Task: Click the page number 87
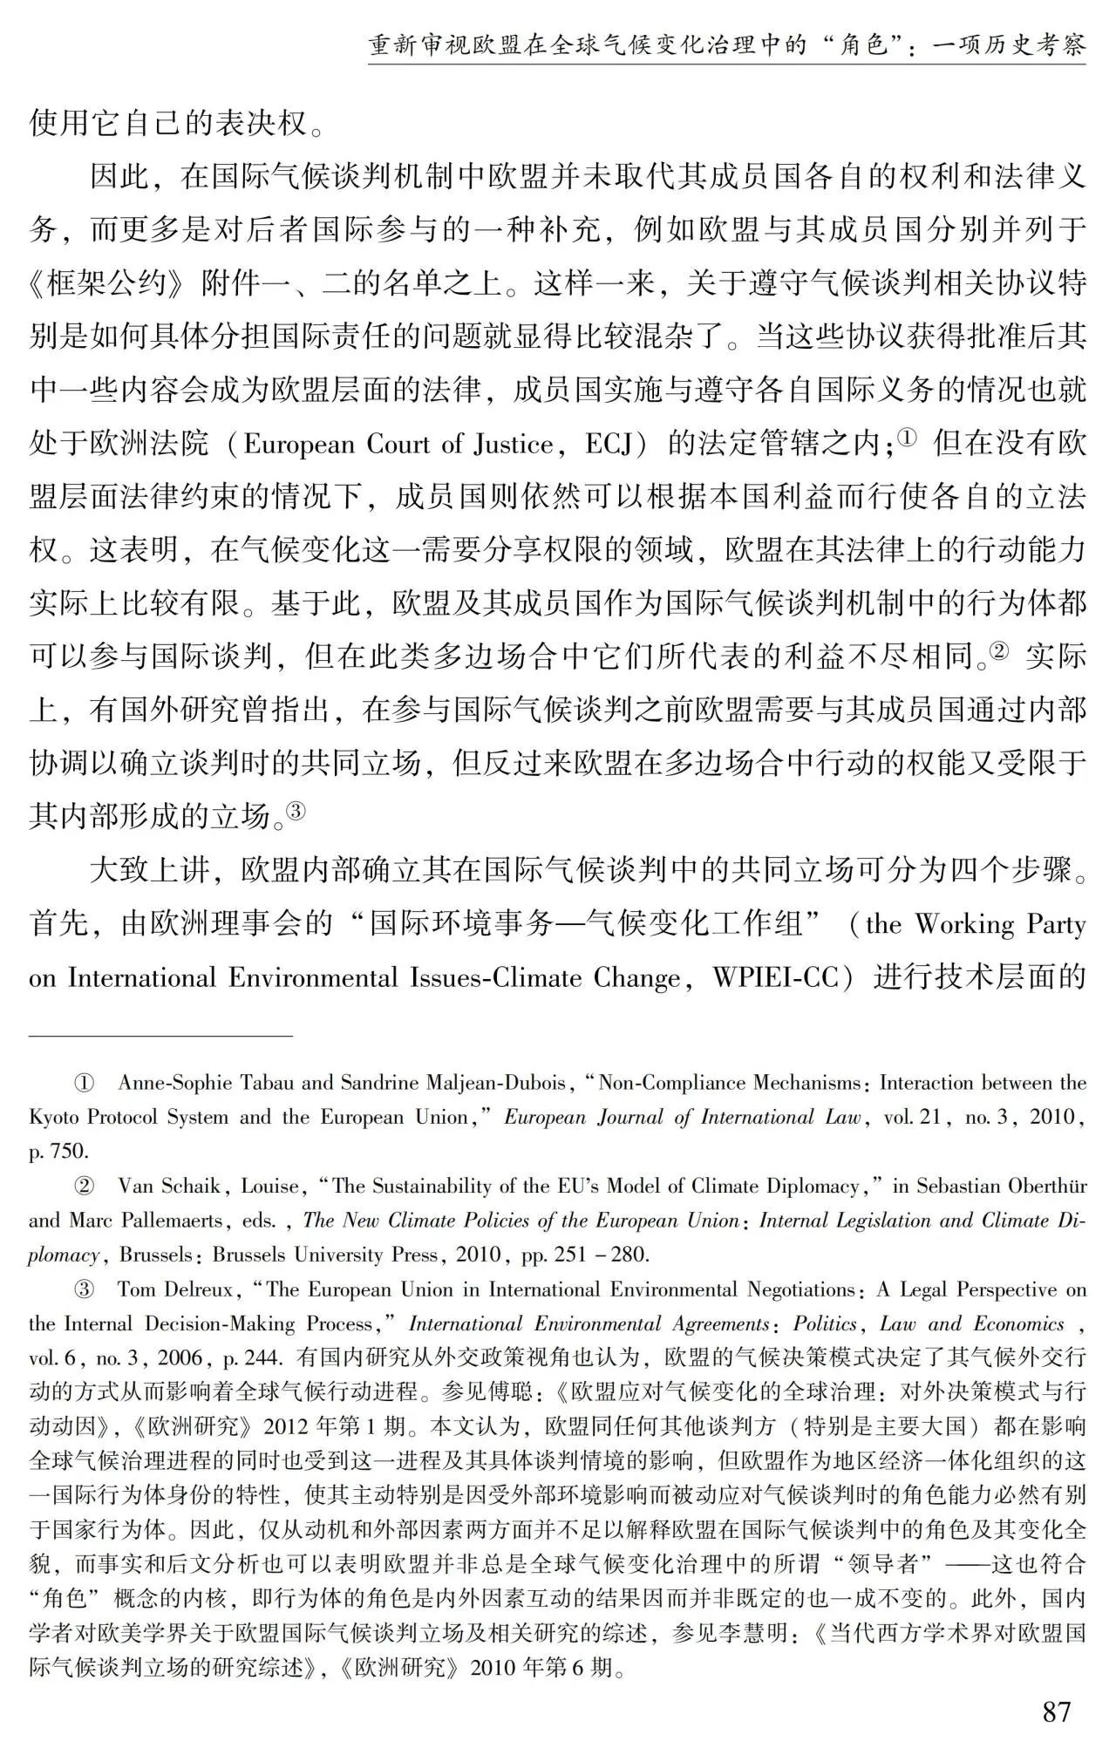[x=1056, y=1711]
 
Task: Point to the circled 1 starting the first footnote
[x=84, y=1084]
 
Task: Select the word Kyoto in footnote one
[x=54, y=1118]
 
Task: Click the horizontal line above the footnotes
[x=161, y=1036]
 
